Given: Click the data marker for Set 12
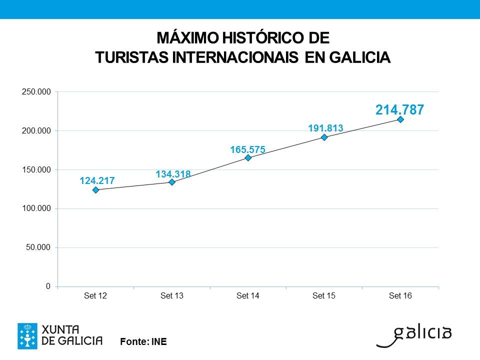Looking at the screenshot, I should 96,190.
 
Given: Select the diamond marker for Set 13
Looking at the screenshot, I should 172,182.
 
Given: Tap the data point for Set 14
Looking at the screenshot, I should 248,158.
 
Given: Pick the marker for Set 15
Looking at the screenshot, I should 324,137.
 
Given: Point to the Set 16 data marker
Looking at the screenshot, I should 400,119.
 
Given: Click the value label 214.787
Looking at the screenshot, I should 400,109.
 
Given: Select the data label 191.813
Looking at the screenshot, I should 325,128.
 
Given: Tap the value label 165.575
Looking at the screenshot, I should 247,149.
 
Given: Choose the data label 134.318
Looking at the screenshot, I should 173,174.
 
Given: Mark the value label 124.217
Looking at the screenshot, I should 97,180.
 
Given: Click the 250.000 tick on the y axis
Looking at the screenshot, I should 36,92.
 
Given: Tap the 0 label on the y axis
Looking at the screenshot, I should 48,286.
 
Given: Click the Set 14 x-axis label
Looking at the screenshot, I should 248,296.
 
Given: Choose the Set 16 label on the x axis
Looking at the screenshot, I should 400,296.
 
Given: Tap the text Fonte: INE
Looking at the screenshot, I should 143,342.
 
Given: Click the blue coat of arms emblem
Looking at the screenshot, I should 27,336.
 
